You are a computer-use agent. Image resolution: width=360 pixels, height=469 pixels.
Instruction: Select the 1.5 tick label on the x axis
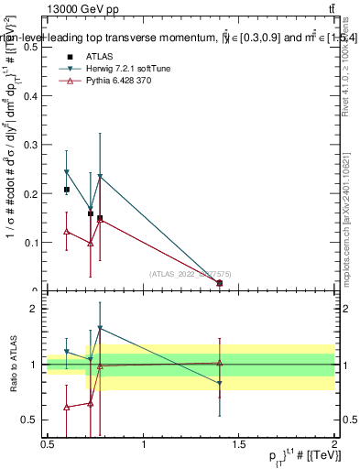pyautogui.click(x=240, y=444)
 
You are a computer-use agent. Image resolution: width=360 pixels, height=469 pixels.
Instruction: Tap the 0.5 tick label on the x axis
pyautogui.click(x=48, y=444)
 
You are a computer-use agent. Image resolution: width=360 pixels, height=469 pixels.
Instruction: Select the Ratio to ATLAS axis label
pyautogui.click(x=13, y=365)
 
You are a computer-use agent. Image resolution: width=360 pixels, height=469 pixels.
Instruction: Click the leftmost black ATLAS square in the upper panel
pyautogui.click(x=66, y=190)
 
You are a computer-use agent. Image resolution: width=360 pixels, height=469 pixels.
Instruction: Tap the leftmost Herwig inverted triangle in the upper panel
pyautogui.click(x=66, y=172)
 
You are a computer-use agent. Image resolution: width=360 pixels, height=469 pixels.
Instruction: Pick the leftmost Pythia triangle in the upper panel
pyautogui.click(x=66, y=232)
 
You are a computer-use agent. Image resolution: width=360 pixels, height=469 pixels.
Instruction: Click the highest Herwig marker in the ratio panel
pyautogui.click(x=100, y=328)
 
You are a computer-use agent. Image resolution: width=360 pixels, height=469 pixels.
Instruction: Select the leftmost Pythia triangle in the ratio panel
pyautogui.click(x=66, y=407)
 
